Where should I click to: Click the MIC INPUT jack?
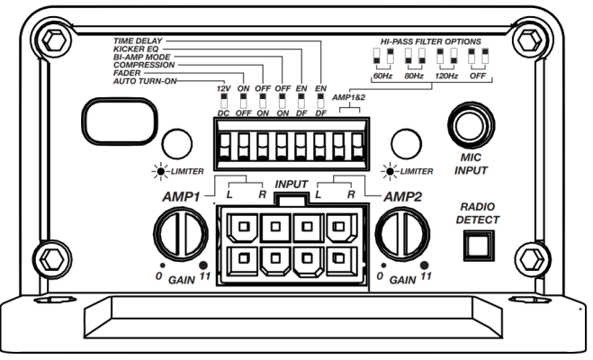click(x=471, y=125)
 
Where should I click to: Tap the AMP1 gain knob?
click(x=180, y=234)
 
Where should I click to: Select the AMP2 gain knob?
click(x=402, y=234)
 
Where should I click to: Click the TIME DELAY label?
click(x=138, y=40)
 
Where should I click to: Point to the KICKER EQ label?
click(x=136, y=49)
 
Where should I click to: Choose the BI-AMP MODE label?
click(x=142, y=57)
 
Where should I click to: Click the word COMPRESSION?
click(x=144, y=65)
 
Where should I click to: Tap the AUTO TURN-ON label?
click(x=145, y=81)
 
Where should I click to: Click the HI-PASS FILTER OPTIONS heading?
click(x=431, y=41)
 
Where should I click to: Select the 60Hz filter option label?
click(x=382, y=76)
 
